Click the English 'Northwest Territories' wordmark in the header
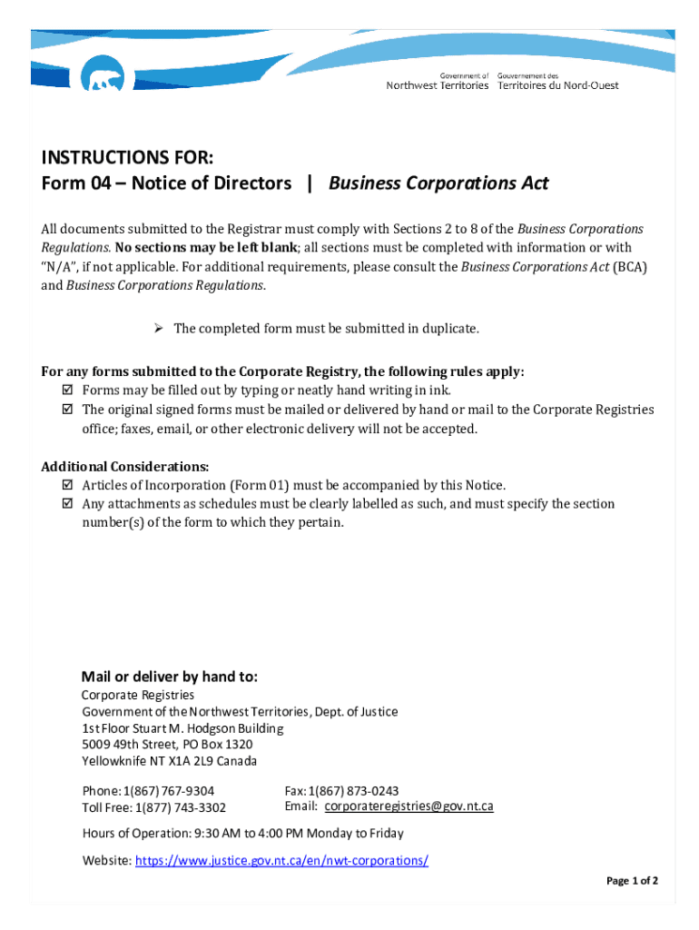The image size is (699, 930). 437,85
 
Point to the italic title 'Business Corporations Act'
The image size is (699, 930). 438,183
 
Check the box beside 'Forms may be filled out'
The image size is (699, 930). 66,391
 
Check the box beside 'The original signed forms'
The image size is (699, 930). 66,410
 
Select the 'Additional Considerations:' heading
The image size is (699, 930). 125,466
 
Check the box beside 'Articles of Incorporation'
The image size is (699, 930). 66,485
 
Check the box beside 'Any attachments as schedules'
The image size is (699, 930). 66,504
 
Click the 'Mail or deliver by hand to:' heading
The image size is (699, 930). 170,677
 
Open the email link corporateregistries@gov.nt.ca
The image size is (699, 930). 409,806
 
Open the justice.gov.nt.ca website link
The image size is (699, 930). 281,860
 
